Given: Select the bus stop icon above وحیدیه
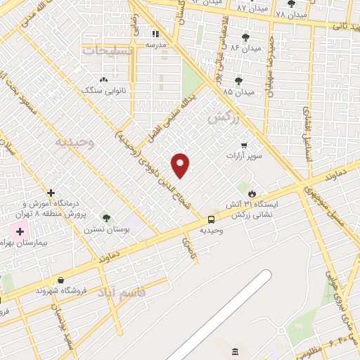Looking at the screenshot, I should click(x=212, y=219).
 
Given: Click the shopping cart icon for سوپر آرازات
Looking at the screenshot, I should click(x=244, y=146).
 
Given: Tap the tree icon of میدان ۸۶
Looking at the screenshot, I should click(x=245, y=37).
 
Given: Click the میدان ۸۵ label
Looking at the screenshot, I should click(x=238, y=91).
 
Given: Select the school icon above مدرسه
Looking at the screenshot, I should click(x=156, y=33).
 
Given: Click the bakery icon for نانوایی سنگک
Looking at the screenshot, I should click(x=104, y=80).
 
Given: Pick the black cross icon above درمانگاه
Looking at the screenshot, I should click(x=51, y=193).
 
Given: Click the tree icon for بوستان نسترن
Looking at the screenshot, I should click(x=106, y=218).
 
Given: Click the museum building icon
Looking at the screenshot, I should click(x=235, y=351).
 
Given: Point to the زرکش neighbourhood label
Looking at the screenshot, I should click(x=224, y=117).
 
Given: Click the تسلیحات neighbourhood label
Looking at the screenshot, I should click(x=108, y=51).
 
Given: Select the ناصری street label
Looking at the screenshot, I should click(x=188, y=245).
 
